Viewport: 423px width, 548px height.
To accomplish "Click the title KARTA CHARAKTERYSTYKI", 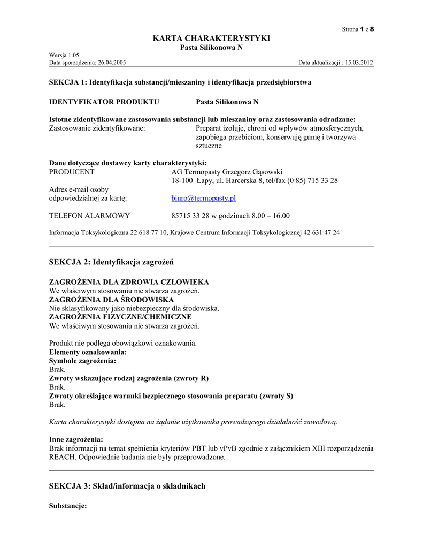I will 211,38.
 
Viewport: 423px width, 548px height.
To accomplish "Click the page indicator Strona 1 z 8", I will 358,29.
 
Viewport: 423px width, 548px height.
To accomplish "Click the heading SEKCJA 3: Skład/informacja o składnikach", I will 127,486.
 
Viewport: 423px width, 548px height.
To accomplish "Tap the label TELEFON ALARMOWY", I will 89,216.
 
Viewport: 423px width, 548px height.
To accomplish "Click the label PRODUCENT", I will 72,172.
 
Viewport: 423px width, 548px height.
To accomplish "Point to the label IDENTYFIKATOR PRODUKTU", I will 104,102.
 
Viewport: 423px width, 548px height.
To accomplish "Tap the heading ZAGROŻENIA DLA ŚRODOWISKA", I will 117,300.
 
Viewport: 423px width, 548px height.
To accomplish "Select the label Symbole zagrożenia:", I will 82,361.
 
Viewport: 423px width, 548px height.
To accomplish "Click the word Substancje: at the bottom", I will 68,506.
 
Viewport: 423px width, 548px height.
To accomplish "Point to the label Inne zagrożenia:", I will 76,439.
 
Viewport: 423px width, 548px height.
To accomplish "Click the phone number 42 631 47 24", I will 320,233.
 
